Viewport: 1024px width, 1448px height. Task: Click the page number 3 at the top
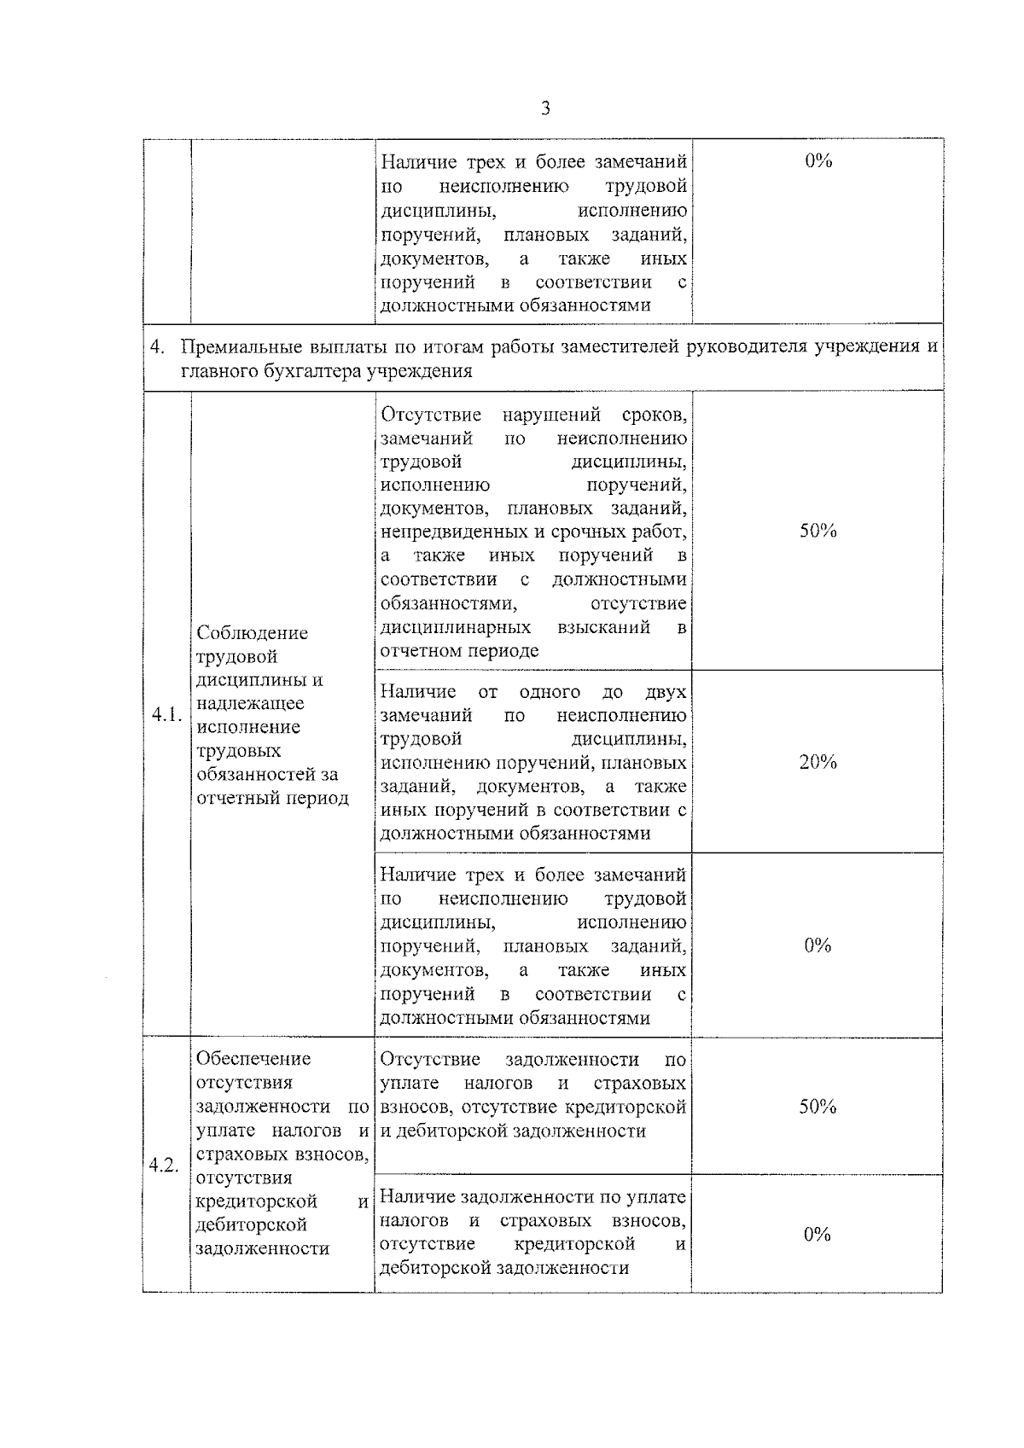(545, 108)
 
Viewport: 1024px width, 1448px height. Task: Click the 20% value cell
(817, 762)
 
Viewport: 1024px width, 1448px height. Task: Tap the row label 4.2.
(163, 1166)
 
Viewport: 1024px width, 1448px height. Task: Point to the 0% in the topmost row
(817, 161)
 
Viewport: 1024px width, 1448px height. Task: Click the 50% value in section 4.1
(817, 531)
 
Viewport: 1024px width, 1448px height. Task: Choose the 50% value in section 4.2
(817, 1107)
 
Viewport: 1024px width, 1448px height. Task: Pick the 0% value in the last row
(817, 1234)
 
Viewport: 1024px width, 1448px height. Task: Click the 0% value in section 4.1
(817, 945)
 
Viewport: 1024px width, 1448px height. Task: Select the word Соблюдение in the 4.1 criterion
(252, 633)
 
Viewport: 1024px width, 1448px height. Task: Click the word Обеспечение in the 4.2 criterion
(253, 1059)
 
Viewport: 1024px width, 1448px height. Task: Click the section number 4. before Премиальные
(157, 347)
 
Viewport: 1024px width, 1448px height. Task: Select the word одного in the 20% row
(549, 692)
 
